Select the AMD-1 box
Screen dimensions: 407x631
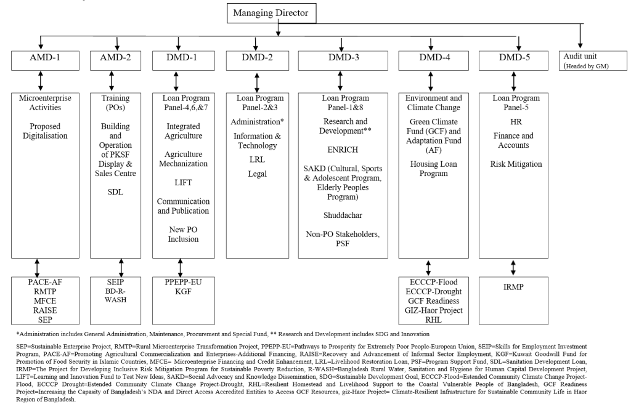[x=42, y=60]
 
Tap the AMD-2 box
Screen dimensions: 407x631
[x=112, y=60]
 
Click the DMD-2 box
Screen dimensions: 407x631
[x=257, y=60]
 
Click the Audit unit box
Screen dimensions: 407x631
[x=586, y=60]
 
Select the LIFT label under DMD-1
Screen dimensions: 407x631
[x=184, y=183]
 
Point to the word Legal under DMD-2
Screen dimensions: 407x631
[x=257, y=174]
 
